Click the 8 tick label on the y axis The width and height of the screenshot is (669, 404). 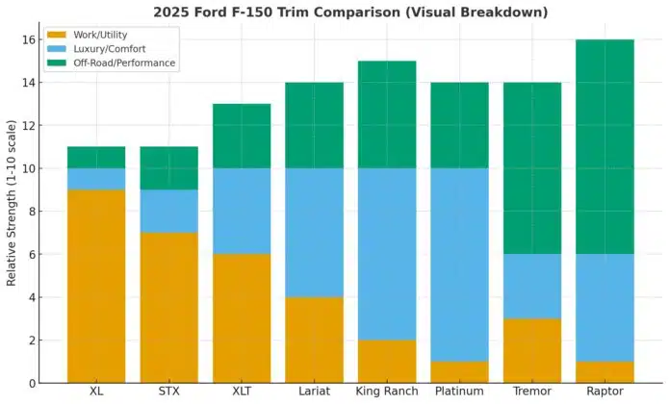tap(32, 212)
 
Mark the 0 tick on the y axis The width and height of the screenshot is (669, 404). tap(32, 383)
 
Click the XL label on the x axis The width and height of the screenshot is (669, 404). tap(95, 393)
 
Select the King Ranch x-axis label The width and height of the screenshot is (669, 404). tap(387, 393)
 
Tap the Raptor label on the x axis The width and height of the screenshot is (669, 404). tap(605, 393)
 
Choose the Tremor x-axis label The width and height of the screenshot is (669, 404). tap(532, 393)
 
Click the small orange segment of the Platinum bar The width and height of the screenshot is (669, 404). tap(460, 371)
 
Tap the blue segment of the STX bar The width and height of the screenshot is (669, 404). tap(168, 211)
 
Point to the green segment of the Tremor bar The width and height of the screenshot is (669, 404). tap(532, 168)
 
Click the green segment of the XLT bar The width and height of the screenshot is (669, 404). tap(242, 136)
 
